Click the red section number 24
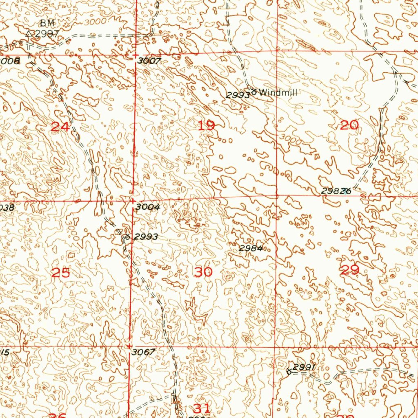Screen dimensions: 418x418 60,127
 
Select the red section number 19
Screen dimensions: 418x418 206,125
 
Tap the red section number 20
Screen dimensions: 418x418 349,125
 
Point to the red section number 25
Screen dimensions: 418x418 61,273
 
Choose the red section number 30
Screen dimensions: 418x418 203,272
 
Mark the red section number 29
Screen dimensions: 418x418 350,270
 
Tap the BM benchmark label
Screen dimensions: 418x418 47,23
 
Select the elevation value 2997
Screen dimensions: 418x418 47,34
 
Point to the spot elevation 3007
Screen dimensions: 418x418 149,61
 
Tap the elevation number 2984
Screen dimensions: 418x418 250,248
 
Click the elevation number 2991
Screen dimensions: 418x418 305,367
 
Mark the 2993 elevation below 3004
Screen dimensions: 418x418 146,237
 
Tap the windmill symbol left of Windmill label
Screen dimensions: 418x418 254,92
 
